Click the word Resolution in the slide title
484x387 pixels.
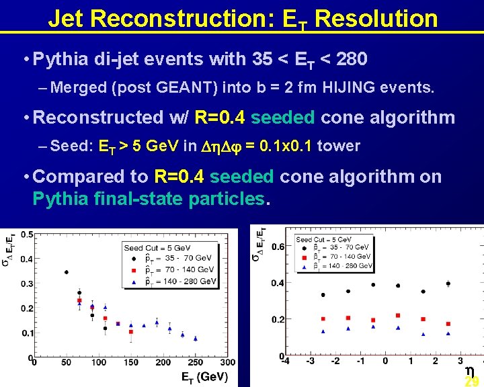(x=376, y=18)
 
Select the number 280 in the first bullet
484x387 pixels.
(x=351, y=60)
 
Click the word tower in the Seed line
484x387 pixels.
(x=338, y=146)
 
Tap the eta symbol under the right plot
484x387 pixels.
(x=470, y=370)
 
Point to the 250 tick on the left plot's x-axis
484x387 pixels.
(x=196, y=363)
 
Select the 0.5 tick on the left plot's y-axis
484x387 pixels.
(x=27, y=234)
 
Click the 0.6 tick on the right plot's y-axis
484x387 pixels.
(x=277, y=247)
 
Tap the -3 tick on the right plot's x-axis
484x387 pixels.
(x=310, y=361)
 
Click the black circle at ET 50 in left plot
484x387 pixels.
(x=66, y=272)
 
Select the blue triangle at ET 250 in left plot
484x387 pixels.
(x=195, y=337)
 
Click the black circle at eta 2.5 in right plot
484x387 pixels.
(x=448, y=284)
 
